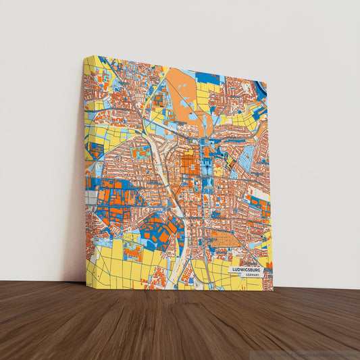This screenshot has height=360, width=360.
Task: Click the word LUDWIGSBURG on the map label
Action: (245, 269)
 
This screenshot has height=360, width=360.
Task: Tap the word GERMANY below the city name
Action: (253, 276)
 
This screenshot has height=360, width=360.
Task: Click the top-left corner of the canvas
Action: (84, 56)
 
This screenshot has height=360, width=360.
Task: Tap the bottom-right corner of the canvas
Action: (274, 290)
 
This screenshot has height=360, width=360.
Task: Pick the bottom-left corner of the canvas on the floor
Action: (86, 286)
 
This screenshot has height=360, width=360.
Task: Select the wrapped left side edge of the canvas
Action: (84, 169)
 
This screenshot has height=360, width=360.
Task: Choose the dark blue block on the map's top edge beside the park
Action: (209, 78)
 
